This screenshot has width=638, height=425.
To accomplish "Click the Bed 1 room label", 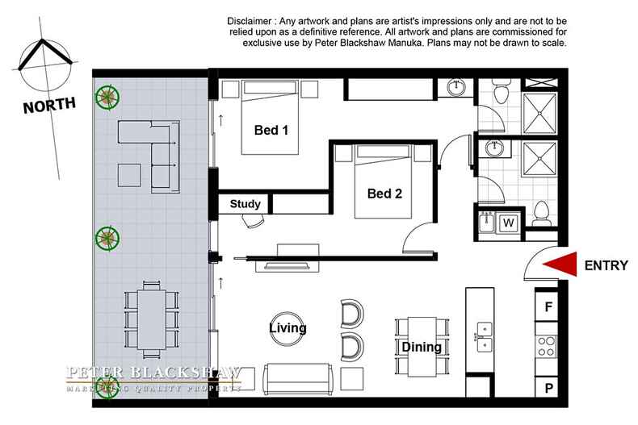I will pos(272,131).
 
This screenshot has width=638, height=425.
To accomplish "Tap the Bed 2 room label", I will pos(384,194).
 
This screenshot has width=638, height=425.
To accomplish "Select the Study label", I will pos(245,204).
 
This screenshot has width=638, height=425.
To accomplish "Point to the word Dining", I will pos(421,348).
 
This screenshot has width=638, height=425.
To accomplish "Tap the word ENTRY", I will pos(606,265).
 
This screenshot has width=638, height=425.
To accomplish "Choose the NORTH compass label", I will pos(49,105).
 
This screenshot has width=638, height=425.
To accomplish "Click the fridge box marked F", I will pos(548,307).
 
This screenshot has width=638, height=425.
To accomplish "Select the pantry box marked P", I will pos(548,389).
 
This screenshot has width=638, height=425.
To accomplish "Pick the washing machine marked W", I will pos(510,222).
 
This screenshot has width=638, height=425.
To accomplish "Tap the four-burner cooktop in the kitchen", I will pos(547,347).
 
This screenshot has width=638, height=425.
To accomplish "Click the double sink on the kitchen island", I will pos(485,337).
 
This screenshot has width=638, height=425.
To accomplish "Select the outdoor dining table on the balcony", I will pos(150,317).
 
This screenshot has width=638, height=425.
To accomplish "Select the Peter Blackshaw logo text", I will pos(153,373).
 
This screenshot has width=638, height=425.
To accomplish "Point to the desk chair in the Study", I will pos(252,220).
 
